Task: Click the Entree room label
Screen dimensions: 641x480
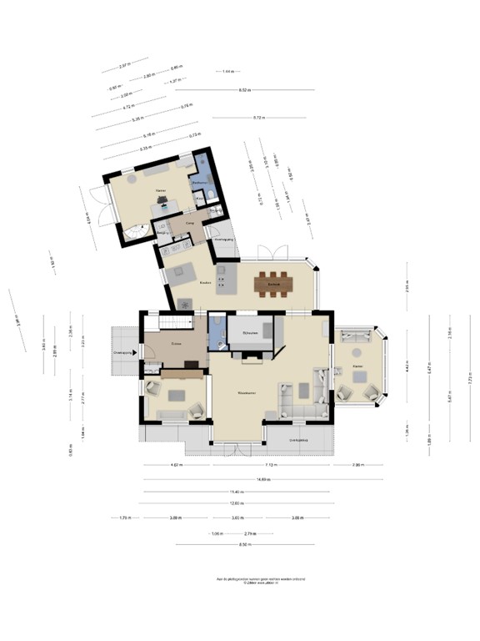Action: point(176,343)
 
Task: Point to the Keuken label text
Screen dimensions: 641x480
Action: point(205,282)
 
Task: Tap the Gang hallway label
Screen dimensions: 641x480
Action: point(190,224)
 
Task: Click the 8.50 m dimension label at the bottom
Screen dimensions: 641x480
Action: point(243,545)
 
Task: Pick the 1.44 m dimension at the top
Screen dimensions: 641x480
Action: point(227,73)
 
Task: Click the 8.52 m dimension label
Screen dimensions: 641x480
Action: point(245,89)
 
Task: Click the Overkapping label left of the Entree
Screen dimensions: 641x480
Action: point(123,353)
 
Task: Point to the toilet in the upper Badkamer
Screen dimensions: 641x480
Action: point(212,194)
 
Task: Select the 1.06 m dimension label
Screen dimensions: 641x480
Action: point(217,532)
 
